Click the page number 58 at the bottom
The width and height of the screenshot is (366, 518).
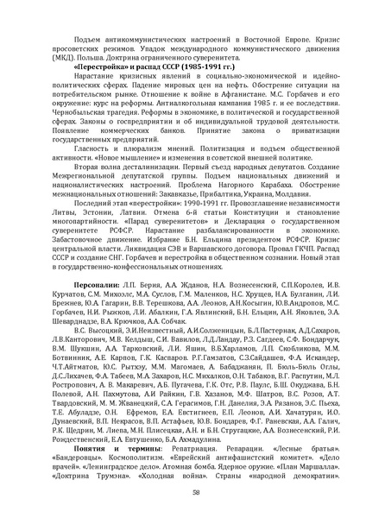(x=183, y=492)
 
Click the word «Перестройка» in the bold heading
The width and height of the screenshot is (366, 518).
(x=97, y=66)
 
